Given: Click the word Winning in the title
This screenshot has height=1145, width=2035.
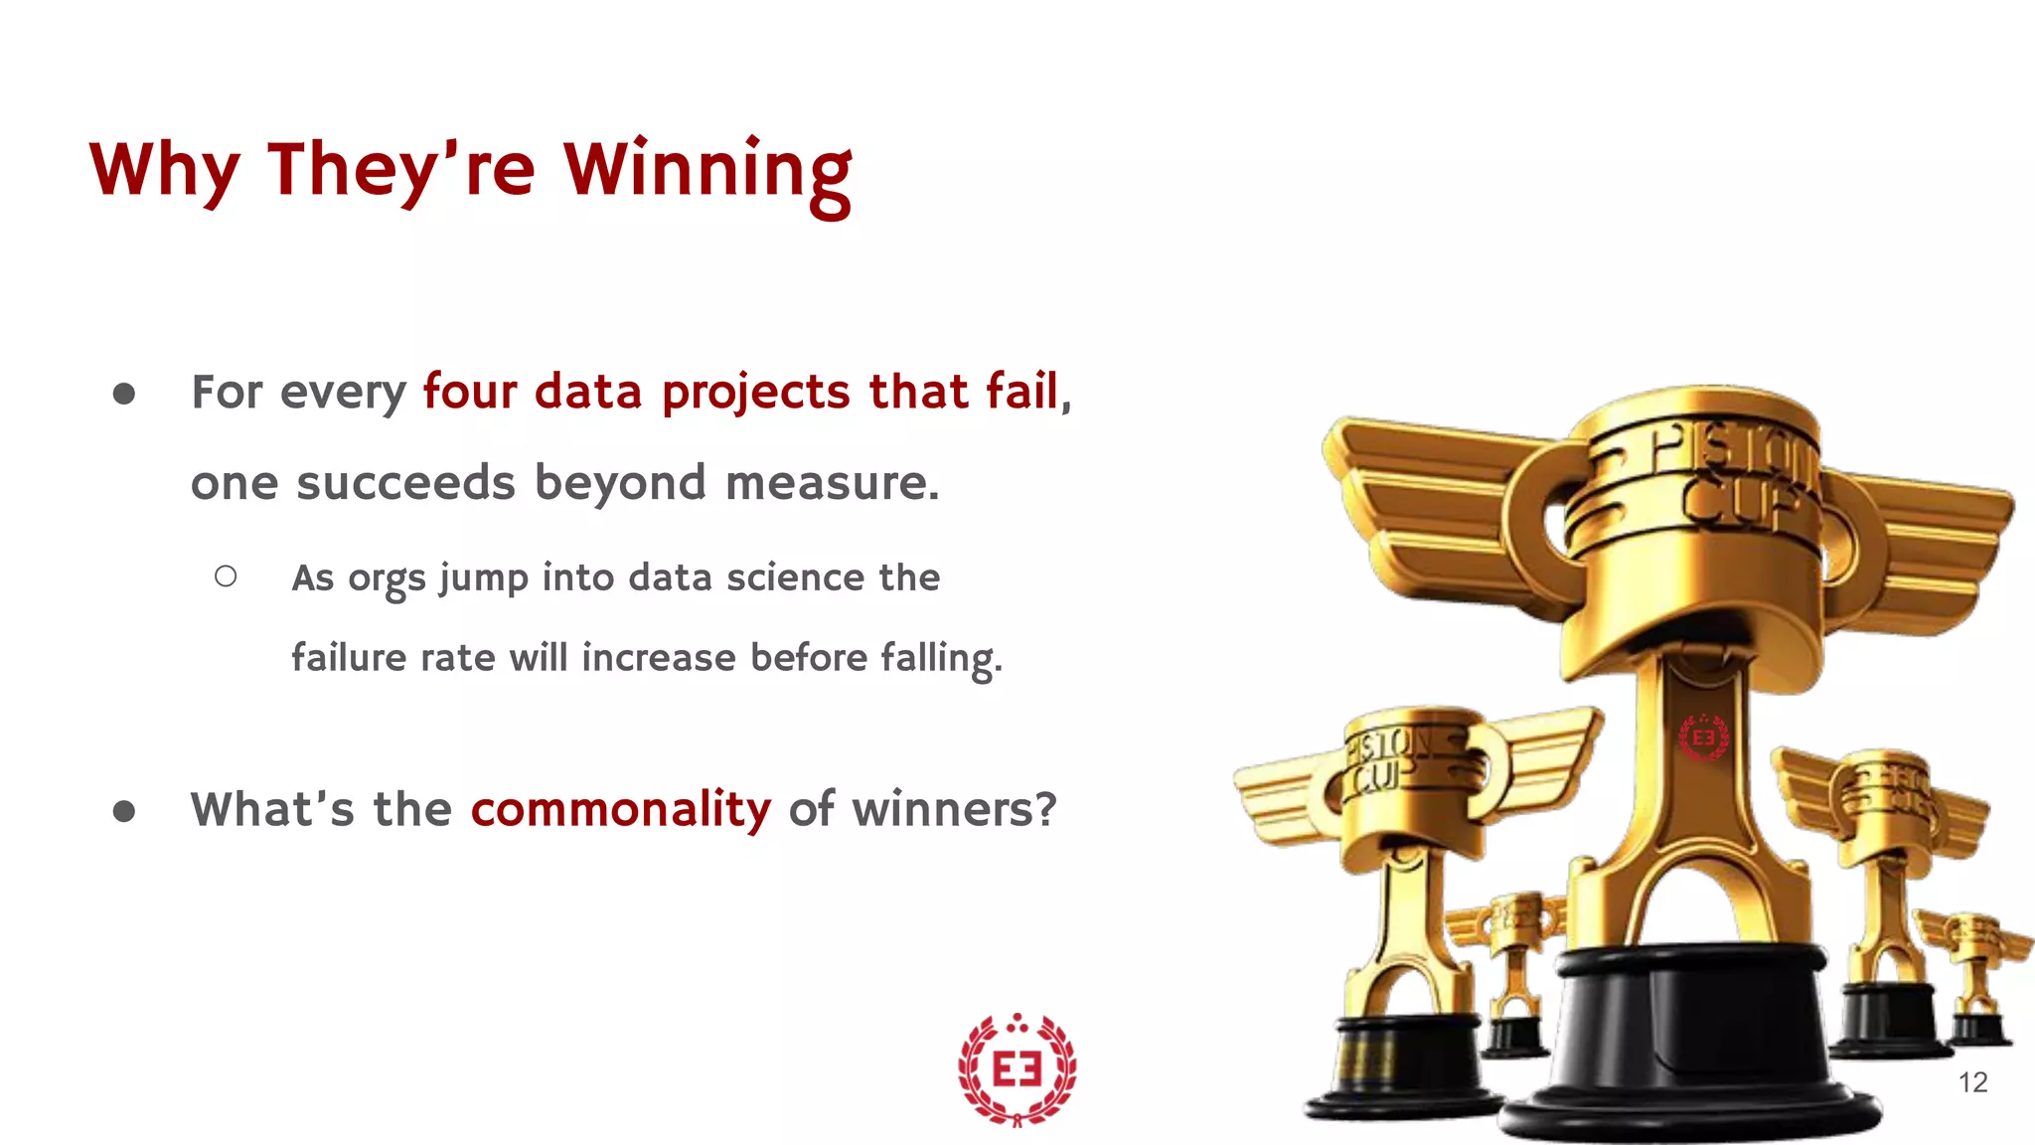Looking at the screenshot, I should click(707, 171).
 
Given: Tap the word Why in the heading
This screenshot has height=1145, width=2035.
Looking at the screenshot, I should click(164, 171).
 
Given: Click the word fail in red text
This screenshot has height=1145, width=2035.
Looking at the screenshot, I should click(1021, 391).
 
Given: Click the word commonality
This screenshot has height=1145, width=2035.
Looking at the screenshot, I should click(620, 809).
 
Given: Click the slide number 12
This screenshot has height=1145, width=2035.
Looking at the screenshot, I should click(1972, 1082).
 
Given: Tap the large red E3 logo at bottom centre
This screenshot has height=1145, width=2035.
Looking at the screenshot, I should click(1017, 1069).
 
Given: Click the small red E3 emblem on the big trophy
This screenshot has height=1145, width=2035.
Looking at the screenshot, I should click(1703, 737).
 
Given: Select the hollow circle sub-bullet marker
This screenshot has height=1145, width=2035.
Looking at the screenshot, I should click(226, 576).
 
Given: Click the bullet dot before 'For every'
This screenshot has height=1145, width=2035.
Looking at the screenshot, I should click(124, 394).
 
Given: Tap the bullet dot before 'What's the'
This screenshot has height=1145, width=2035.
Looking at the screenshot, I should click(124, 811).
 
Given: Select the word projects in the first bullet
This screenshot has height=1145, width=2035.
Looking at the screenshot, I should click(755, 393).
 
